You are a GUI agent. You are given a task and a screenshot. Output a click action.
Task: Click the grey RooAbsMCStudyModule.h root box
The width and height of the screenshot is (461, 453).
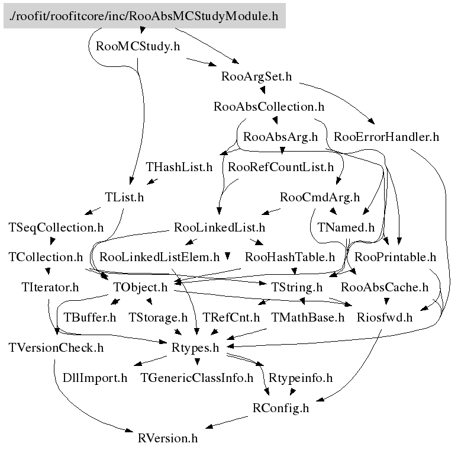[x=144, y=16]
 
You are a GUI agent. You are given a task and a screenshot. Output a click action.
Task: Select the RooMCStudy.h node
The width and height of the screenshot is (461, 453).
[x=137, y=46]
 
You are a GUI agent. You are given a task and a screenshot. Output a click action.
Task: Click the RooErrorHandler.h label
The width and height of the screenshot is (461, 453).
[x=386, y=137]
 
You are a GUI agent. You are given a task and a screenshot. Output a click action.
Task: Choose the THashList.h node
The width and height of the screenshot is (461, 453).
[x=179, y=167]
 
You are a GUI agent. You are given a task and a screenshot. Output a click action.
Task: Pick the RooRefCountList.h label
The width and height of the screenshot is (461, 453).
[x=281, y=167]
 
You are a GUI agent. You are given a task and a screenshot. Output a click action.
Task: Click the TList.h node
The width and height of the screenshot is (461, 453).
[x=124, y=197]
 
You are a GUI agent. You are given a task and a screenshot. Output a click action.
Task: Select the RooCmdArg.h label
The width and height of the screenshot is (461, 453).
[x=320, y=197]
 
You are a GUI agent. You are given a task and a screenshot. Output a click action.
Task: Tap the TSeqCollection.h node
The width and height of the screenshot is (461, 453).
[x=56, y=227]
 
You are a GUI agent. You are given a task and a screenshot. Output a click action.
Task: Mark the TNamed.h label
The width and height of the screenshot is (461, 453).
[x=346, y=227]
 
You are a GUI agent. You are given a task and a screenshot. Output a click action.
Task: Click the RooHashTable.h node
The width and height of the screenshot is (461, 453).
[x=290, y=258]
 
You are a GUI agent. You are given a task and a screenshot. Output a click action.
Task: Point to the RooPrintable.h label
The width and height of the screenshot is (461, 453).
[x=395, y=258]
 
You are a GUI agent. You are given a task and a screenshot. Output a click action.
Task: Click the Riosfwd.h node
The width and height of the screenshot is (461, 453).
[x=384, y=317]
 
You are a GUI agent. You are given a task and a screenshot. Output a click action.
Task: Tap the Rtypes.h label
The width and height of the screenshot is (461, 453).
[x=195, y=348]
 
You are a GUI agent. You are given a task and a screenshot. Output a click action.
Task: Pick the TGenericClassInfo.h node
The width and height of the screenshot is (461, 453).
[x=196, y=378]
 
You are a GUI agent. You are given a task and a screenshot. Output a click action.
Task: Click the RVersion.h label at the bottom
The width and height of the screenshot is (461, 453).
[x=167, y=439]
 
